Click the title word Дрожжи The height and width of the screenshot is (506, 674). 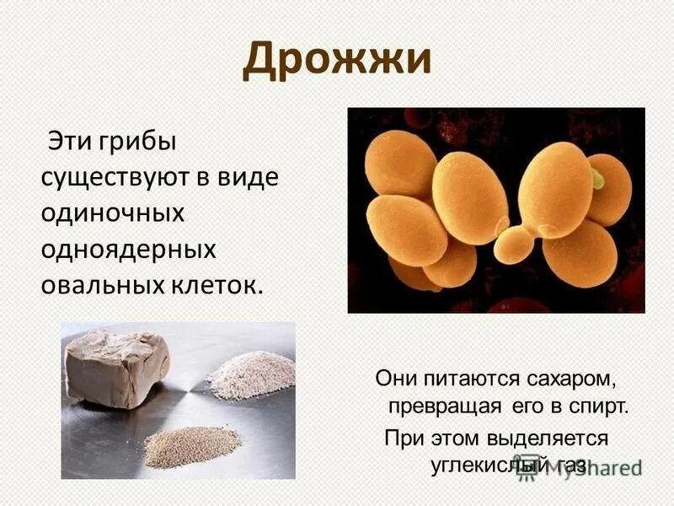(x=337, y=62)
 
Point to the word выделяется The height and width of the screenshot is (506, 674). (x=544, y=438)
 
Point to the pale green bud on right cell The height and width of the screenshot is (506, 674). (x=596, y=178)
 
